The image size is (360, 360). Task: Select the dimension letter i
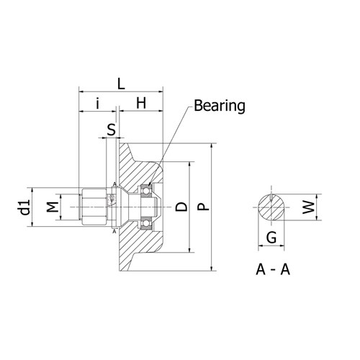[96, 104]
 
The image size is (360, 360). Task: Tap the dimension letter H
[141, 104]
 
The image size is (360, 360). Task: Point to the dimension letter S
[111, 130]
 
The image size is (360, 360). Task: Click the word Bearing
[218, 107]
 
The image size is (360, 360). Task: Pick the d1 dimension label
[24, 208]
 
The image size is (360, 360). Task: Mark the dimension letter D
[181, 207]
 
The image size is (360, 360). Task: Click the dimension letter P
[204, 207]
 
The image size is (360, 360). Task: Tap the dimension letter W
[308, 208]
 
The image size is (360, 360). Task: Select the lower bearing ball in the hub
[146, 224]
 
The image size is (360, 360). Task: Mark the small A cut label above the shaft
[114, 184]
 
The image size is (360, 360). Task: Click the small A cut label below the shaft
[114, 232]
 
